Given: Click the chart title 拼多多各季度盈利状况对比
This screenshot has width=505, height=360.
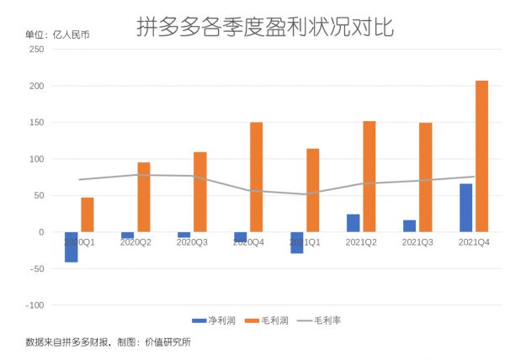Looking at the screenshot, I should [265, 28].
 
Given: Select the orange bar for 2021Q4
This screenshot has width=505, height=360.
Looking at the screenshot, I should [481, 156].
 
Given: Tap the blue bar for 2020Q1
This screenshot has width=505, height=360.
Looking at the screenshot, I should [72, 246].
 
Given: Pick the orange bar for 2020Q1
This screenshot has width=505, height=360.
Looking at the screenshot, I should [88, 214].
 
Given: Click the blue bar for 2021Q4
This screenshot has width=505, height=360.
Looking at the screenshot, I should [465, 208].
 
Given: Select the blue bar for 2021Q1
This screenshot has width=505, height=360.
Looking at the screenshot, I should [297, 242].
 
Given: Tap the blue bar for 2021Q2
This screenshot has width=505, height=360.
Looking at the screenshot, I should [353, 223].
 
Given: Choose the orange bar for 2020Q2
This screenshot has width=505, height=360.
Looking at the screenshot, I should [144, 197].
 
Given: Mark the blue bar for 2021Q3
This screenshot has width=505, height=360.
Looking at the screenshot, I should [409, 225].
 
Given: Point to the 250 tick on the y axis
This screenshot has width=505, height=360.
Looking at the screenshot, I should [37, 50].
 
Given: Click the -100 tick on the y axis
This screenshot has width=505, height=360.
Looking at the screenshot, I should [35, 305].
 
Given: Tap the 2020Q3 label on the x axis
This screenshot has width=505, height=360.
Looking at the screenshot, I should [192, 242].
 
